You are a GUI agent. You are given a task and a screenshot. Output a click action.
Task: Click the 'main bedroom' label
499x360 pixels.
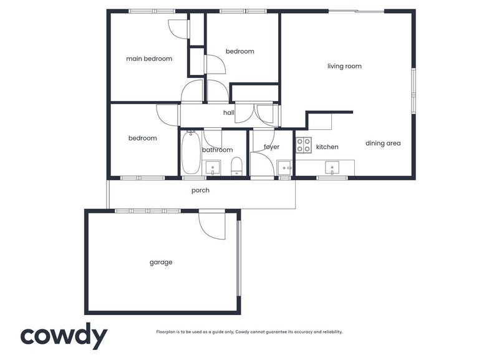148,59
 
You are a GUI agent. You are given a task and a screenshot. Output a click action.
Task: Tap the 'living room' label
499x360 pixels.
344,66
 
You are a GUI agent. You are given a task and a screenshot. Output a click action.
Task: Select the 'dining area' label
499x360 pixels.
383,144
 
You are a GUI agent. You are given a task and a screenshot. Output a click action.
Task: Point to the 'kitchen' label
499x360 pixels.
327,147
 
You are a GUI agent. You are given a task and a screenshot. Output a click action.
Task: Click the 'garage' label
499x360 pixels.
160,262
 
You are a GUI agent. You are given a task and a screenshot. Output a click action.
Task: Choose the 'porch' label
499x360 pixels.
200,190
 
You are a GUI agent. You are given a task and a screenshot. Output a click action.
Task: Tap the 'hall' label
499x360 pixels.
229,113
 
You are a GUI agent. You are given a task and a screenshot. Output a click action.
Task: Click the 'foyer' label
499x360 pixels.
271,147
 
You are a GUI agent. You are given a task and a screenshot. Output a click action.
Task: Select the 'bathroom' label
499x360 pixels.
217,150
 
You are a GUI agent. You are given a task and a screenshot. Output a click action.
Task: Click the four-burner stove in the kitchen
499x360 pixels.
304,145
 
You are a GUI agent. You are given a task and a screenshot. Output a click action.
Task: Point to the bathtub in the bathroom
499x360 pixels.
190,153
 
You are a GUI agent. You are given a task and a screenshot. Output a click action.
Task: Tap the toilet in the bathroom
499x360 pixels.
236,167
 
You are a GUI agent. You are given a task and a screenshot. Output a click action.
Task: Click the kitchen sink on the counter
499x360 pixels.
332,167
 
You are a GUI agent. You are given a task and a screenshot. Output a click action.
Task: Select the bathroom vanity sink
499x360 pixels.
213,167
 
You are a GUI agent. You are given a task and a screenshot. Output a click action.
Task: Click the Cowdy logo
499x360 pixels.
64,336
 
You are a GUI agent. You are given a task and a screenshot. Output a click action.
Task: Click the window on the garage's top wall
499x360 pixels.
148,211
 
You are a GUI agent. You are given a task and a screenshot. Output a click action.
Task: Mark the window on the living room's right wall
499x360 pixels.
413,90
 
